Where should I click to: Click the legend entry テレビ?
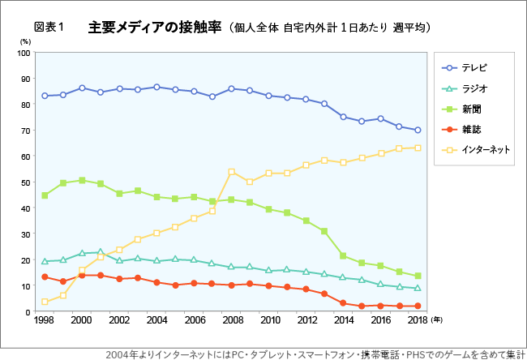(x=474, y=67)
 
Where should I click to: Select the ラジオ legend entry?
(x=474, y=88)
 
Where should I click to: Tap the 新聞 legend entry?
(x=470, y=109)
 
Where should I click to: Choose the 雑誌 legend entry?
(x=470, y=129)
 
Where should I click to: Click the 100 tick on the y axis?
(x=24, y=53)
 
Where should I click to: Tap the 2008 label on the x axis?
(x=232, y=321)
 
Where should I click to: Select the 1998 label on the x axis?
(x=45, y=321)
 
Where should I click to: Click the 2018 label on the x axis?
(x=418, y=321)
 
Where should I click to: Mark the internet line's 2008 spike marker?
(x=232, y=172)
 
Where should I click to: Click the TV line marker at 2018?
(x=418, y=130)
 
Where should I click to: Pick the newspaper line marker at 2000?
(x=82, y=180)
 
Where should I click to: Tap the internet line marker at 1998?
(x=45, y=302)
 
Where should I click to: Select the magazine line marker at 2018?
(x=418, y=306)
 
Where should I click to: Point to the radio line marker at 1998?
(x=45, y=261)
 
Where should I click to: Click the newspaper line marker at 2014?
(x=343, y=255)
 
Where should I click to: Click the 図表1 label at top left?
(x=49, y=28)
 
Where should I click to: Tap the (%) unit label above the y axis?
(x=24, y=41)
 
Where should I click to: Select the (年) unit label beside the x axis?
(x=437, y=321)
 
